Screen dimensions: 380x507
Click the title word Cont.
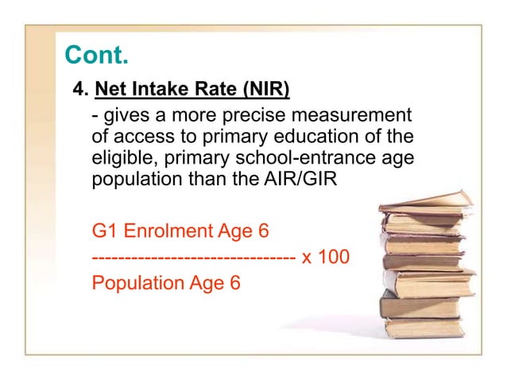pos(96,56)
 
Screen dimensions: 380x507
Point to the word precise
pos(255,114)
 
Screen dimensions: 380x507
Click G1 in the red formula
pos(104,232)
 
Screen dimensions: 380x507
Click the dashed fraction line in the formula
pos(194,258)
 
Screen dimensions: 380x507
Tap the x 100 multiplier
pos(326,258)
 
